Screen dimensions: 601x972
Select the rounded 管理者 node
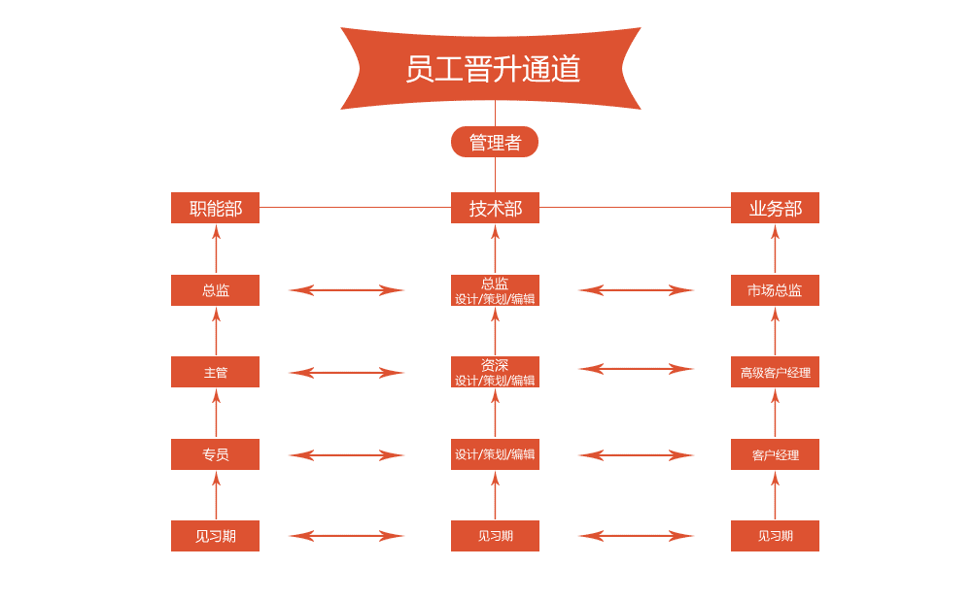495,142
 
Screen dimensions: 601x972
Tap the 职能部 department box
215,208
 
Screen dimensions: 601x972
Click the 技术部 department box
495,208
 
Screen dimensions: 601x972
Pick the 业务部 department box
775,208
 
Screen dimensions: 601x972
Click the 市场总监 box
775,290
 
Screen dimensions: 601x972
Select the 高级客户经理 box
775,372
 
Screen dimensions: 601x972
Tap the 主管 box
215,372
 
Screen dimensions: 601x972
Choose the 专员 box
215,454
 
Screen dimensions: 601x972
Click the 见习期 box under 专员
215,536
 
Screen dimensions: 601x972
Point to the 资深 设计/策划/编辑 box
495,372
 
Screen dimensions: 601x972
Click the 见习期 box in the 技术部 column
495,536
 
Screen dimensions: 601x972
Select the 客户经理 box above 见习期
775,454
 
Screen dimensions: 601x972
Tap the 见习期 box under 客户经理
775,536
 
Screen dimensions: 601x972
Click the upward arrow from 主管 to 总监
217,331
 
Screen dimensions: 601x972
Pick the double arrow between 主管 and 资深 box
346,372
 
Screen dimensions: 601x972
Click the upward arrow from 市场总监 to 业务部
775,250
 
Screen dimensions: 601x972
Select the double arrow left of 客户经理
636,454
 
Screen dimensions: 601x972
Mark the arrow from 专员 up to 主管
217,414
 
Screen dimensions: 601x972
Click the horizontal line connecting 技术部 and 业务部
635,207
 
